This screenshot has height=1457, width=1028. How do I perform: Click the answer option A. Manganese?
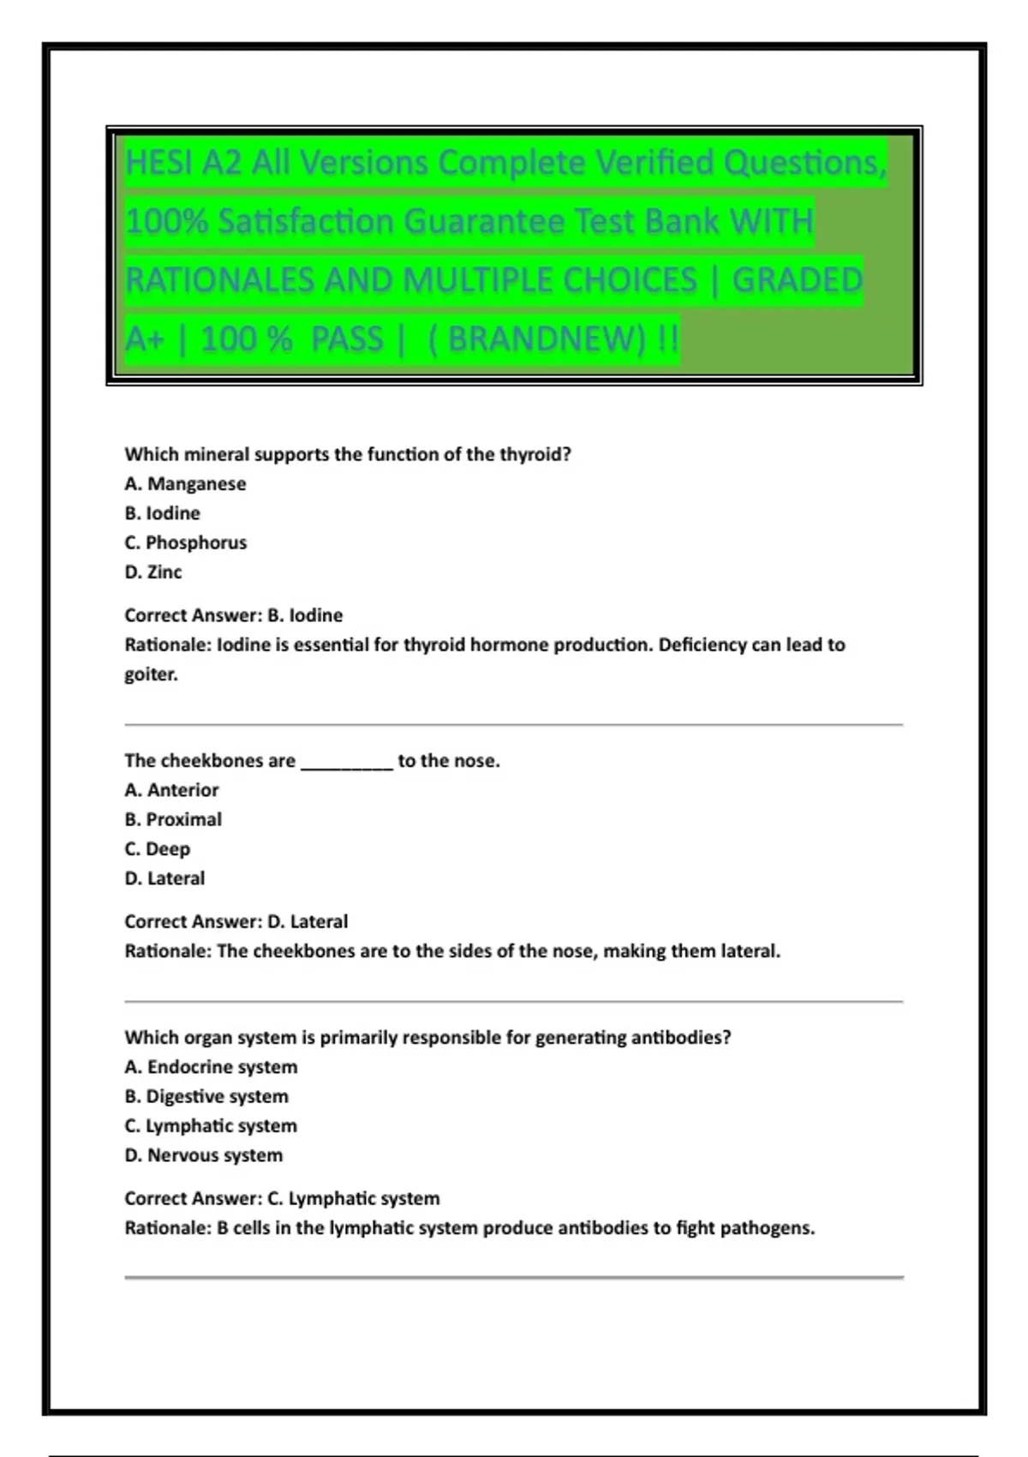(185, 484)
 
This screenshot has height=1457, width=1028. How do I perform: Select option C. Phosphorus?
(185, 543)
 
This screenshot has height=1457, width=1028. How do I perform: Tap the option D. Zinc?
(153, 572)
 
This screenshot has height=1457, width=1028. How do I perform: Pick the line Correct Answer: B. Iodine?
(233, 615)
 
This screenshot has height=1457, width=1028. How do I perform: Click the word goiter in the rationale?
(151, 675)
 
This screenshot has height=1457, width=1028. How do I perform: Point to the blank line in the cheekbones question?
(346, 763)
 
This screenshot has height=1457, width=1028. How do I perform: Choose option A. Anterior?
(171, 790)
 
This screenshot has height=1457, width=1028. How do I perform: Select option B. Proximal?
(173, 819)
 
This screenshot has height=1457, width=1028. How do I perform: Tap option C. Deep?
(158, 848)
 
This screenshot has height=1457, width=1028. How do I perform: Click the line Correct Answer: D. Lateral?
(236, 921)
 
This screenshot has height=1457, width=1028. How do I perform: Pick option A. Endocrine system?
(211, 1067)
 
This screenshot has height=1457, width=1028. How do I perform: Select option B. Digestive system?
(206, 1096)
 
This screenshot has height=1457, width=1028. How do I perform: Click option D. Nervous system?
(203, 1155)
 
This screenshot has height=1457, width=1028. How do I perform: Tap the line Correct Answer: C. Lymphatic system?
(282, 1198)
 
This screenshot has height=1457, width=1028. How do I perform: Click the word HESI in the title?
(158, 163)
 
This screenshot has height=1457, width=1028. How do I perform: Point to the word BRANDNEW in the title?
(546, 339)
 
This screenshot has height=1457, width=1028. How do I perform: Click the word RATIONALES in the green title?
(219, 280)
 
